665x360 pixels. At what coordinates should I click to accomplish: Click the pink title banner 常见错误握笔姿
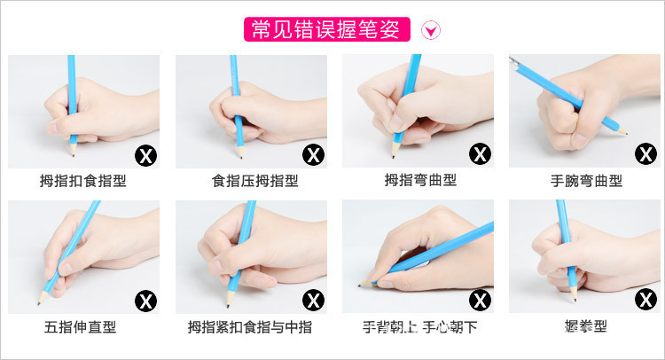[x=326, y=30]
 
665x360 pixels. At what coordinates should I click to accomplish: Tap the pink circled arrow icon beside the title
[x=432, y=31]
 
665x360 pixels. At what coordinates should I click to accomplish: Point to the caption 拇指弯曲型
[x=420, y=181]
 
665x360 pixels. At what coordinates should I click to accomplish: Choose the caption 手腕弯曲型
[x=587, y=181]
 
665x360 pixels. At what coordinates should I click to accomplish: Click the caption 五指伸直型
[x=81, y=327]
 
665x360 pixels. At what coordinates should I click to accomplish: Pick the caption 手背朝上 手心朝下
[x=420, y=327]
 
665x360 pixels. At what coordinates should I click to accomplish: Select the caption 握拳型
[x=587, y=327]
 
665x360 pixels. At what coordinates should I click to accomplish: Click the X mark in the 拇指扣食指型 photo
[x=145, y=155]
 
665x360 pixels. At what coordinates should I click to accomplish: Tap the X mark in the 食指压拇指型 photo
[x=313, y=155]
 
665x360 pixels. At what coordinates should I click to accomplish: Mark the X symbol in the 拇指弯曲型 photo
[x=480, y=155]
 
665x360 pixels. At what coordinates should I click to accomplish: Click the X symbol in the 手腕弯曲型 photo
[x=645, y=155]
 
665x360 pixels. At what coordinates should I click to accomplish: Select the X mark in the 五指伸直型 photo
[x=145, y=301]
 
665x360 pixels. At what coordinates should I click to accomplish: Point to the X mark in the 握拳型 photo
[x=645, y=301]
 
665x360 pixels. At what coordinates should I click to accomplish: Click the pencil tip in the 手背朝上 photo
[x=362, y=285]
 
